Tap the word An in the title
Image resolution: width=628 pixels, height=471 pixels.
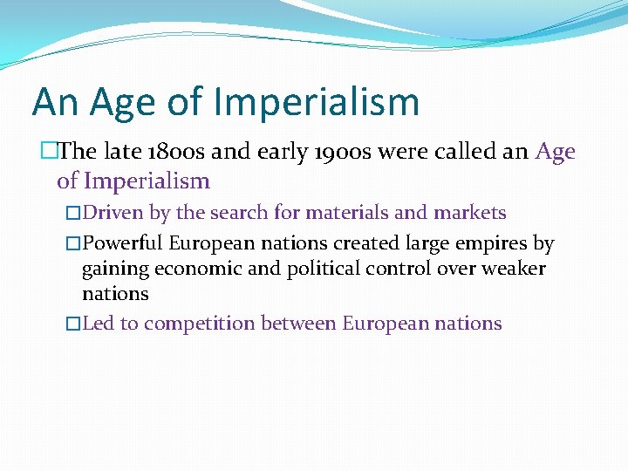pos(54,102)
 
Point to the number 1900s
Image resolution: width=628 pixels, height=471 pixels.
pos(336,152)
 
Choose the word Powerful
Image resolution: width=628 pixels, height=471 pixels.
pos(122,243)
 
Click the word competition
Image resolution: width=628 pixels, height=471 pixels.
pos(197,324)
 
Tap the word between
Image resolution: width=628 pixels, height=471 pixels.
pos(296,324)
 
